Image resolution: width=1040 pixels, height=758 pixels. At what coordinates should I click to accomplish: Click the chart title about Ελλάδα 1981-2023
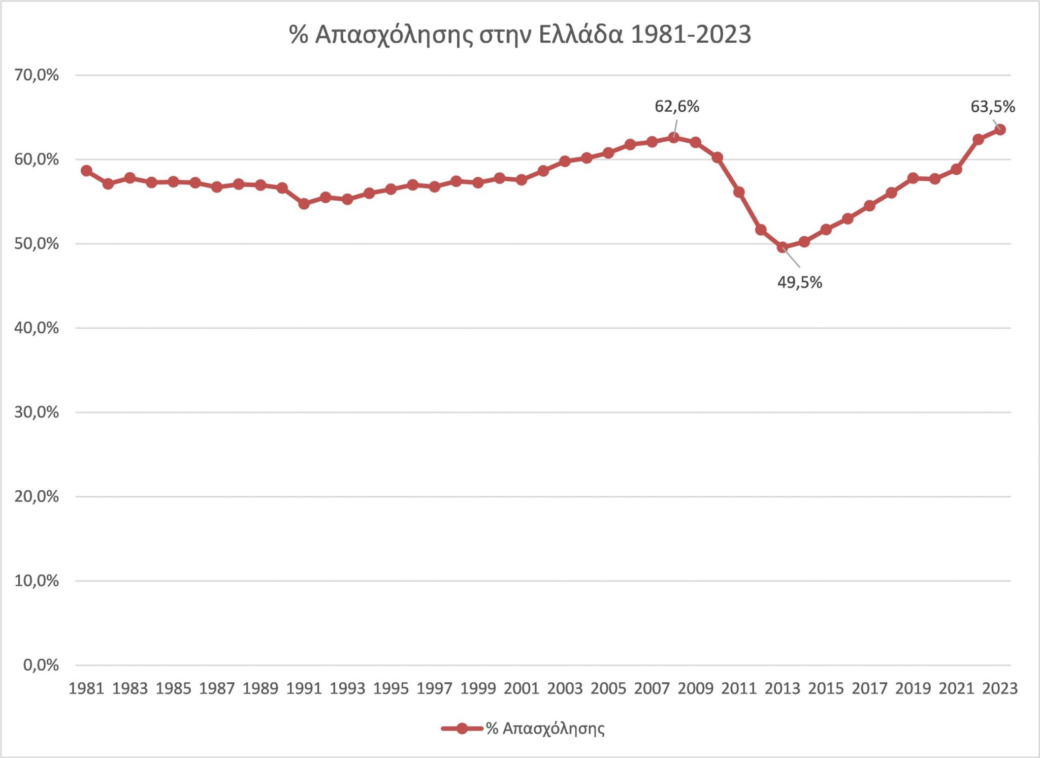tap(520, 35)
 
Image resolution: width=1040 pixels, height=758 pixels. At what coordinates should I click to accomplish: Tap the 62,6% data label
tap(677, 107)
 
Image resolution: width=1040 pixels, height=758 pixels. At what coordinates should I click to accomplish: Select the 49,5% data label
tap(799, 282)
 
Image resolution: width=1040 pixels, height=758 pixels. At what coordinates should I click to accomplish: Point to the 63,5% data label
tap(992, 107)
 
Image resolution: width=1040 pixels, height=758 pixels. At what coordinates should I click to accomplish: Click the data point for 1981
tap(86, 171)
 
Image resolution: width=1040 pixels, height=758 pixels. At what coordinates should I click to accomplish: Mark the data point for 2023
tap(1000, 130)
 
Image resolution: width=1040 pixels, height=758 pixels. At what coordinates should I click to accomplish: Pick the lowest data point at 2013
tap(783, 248)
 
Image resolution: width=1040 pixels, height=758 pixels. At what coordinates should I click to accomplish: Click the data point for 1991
tap(304, 204)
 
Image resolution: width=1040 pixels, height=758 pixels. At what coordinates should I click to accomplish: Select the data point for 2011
tap(739, 192)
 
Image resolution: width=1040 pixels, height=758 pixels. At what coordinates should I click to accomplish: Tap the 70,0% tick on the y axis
tap(37, 76)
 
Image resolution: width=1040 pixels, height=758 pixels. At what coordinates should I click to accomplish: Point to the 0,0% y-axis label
tap(41, 665)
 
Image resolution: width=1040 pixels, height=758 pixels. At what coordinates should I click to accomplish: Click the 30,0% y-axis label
tap(37, 413)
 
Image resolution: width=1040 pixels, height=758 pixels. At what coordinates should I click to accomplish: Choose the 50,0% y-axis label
tap(37, 244)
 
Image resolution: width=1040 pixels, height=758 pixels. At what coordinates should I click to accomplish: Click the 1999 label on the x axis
tap(478, 688)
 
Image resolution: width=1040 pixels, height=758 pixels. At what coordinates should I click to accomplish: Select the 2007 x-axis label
tap(652, 688)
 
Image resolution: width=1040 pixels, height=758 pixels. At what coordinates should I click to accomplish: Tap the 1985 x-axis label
tap(173, 688)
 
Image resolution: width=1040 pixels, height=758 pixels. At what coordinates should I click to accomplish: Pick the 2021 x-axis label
tap(956, 688)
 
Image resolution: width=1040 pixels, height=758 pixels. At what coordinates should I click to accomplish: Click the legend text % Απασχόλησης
tap(545, 729)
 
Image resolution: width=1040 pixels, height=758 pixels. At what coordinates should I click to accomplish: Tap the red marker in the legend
tap(462, 729)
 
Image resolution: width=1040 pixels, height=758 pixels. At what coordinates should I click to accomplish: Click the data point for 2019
tap(913, 178)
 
